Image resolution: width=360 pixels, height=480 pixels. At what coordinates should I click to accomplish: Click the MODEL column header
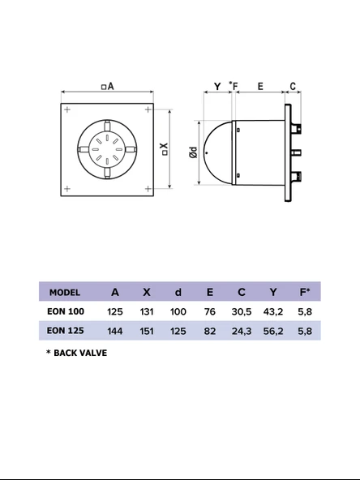(65, 292)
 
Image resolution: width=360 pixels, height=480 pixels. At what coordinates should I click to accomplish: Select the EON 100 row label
(66, 311)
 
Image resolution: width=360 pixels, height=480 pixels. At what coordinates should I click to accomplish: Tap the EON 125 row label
(66, 331)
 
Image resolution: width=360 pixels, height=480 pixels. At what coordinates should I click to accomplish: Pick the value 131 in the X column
(147, 311)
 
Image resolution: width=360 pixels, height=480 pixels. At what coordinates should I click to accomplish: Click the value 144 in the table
(115, 331)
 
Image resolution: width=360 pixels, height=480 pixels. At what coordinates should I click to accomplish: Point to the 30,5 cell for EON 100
(242, 311)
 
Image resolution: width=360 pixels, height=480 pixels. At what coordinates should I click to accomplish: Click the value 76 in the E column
(210, 311)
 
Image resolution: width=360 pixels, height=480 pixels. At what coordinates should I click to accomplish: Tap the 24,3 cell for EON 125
(242, 331)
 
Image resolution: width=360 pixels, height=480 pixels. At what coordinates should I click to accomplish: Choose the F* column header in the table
(305, 292)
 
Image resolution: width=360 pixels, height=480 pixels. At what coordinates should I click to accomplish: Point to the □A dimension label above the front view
(107, 86)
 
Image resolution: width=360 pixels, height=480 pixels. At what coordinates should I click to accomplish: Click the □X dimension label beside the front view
(165, 150)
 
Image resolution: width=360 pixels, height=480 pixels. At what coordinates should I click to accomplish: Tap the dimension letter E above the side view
(259, 85)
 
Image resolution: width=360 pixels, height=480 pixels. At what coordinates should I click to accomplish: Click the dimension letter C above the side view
(293, 85)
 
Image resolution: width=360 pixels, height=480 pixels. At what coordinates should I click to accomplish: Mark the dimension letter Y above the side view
(216, 85)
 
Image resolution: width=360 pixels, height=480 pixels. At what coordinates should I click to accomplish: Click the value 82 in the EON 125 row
(210, 331)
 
